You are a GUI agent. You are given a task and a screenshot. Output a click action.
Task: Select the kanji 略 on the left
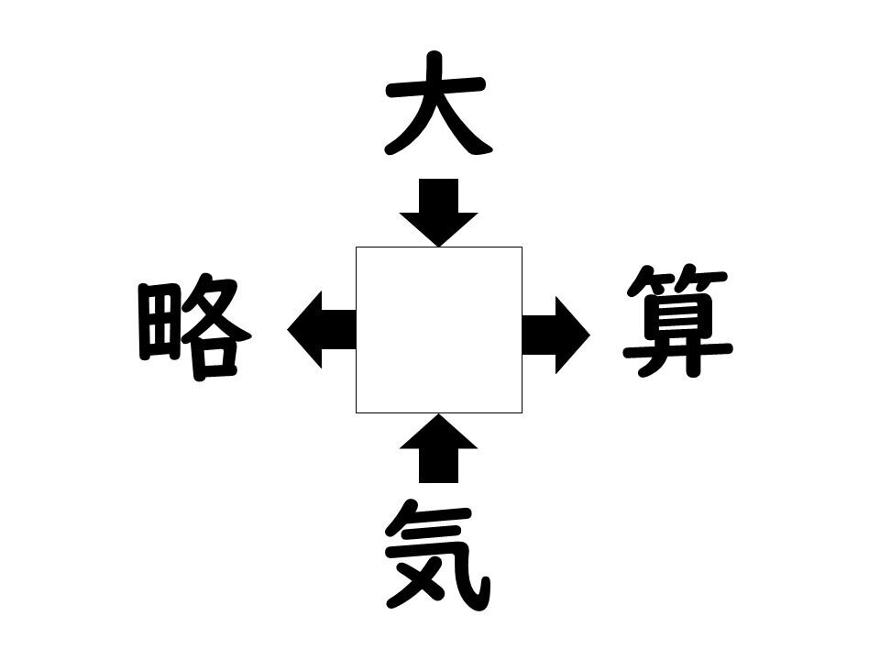click(194, 328)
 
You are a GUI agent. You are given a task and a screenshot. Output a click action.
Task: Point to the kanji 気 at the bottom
click(438, 555)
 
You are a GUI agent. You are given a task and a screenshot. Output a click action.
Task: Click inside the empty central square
click(439, 330)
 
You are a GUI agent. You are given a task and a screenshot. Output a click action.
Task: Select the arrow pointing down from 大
click(439, 213)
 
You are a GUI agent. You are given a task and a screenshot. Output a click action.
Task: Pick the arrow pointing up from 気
click(439, 448)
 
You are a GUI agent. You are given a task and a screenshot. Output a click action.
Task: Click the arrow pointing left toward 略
click(322, 329)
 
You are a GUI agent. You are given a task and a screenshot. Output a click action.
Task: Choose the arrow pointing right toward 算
click(556, 335)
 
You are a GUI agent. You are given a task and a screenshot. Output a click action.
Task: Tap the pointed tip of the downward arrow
click(439, 247)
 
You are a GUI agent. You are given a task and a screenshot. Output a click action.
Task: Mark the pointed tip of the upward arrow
click(439, 414)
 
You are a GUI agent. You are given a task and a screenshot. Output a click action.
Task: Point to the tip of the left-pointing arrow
click(287, 329)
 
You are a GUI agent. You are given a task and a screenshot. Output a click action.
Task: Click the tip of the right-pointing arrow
click(590, 335)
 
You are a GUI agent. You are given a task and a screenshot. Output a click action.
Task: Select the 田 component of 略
click(159, 322)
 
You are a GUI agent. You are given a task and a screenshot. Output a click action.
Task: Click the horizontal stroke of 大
click(435, 88)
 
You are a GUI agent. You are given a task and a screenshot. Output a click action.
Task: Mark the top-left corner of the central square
click(356, 247)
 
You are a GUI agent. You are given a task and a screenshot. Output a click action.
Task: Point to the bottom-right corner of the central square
click(522, 413)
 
